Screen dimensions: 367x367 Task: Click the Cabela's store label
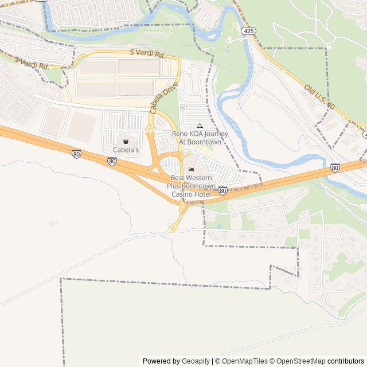(126, 150)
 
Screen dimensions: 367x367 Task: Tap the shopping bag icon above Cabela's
(126, 141)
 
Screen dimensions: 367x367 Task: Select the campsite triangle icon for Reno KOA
(200, 126)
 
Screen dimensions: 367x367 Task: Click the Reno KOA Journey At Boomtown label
(200, 138)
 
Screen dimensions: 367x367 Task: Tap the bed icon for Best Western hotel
(191, 169)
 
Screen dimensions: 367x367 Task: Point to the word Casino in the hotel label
(183, 194)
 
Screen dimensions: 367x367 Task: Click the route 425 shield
(248, 30)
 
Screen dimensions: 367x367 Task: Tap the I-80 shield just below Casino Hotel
(222, 190)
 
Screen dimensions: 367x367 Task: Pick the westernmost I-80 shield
(76, 154)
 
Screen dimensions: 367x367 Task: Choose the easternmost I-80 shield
(335, 167)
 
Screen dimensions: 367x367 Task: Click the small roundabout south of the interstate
(173, 228)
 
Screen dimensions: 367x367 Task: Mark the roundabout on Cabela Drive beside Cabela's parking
(150, 131)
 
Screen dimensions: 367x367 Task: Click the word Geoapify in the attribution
(196, 361)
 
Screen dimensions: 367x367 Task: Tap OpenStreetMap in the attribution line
(299, 361)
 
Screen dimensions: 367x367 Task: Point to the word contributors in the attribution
(346, 361)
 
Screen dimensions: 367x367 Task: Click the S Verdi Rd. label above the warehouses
(147, 53)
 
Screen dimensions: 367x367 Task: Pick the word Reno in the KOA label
(180, 134)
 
